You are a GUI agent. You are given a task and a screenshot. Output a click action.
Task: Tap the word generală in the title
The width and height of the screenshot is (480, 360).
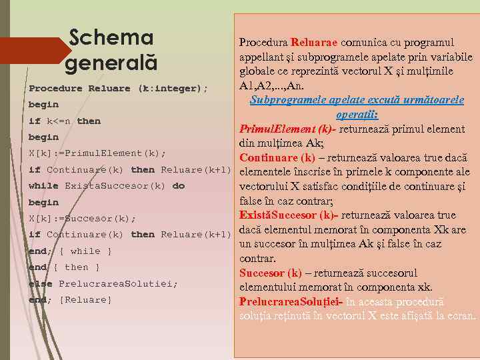(x=111, y=64)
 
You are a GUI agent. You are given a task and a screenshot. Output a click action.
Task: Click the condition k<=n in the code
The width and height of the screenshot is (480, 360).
(x=59, y=121)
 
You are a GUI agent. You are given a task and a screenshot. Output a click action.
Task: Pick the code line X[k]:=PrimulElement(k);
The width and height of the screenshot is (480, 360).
(x=97, y=153)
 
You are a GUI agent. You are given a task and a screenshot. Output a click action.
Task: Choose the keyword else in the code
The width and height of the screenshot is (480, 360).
(x=39, y=283)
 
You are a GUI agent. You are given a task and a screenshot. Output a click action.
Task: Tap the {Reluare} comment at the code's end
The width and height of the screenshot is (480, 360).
(x=86, y=300)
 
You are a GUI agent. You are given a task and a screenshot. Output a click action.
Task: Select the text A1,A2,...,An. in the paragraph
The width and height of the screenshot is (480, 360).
(x=273, y=86)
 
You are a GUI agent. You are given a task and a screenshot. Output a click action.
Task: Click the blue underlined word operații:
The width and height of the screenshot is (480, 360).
(x=357, y=115)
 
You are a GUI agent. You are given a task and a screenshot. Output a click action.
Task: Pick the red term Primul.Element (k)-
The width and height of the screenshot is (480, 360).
(x=287, y=129)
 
